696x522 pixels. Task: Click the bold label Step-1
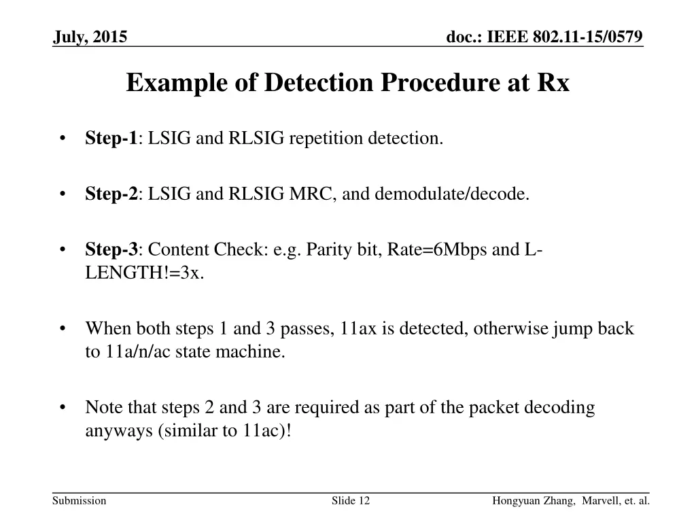coord(111,139)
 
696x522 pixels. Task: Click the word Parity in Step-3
coord(328,250)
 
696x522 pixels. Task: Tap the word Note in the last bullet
coord(103,408)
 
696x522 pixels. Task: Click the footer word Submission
coord(80,501)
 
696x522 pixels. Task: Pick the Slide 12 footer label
coord(351,501)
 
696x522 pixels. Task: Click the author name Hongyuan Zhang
coord(529,501)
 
